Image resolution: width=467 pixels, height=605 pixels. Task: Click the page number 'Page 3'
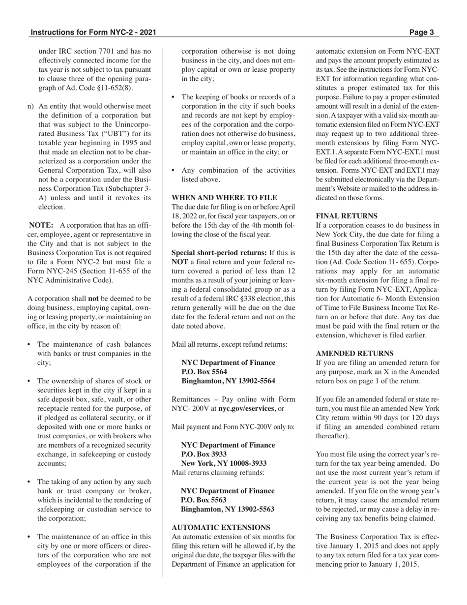pyautogui.click(x=421, y=33)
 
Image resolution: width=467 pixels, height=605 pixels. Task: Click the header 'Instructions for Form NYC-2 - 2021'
pyautogui.click(x=93, y=33)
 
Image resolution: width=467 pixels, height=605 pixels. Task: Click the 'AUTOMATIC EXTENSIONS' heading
pyautogui.click(x=221, y=527)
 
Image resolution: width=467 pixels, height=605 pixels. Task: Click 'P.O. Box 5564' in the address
pyautogui.click(x=204, y=371)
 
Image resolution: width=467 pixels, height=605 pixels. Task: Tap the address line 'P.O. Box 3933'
pyautogui.click(x=204, y=454)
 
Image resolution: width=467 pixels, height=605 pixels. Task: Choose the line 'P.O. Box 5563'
pyautogui.click(x=204, y=500)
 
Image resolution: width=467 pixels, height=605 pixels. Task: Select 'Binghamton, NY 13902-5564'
pyautogui.click(x=228, y=381)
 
